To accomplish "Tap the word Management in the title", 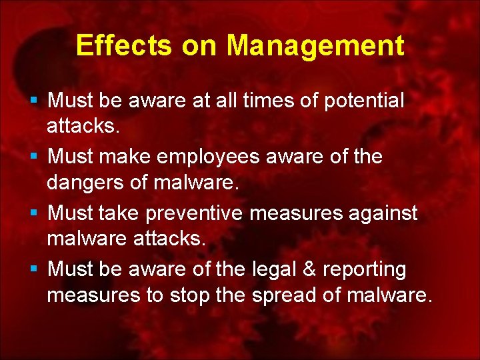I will [315, 45].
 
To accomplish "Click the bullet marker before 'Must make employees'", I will [34, 157].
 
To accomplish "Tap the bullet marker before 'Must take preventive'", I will [34, 213].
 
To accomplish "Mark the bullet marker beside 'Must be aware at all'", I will [34, 101].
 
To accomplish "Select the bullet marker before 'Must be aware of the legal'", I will [34, 269].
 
